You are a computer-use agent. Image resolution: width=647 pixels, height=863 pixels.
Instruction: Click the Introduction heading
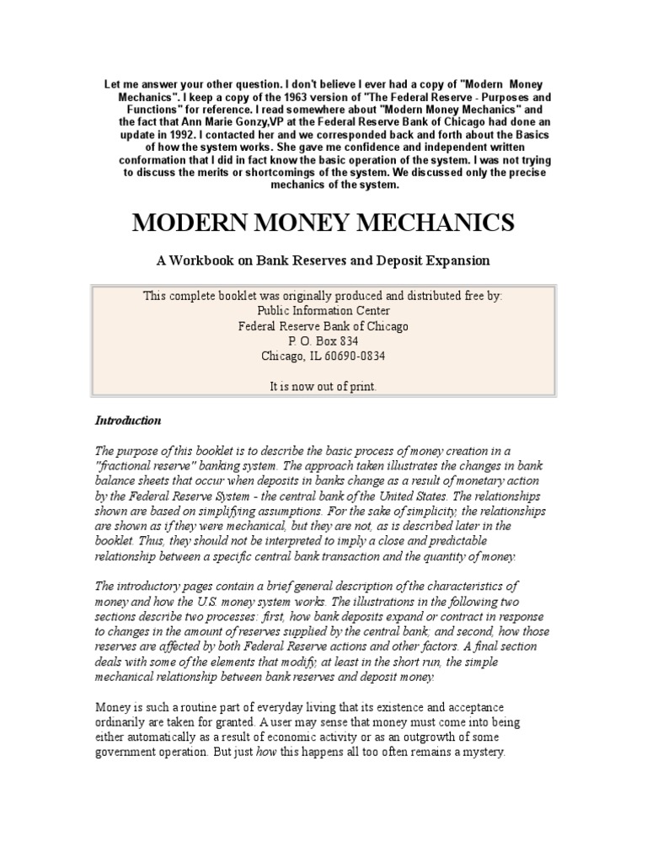127,420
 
